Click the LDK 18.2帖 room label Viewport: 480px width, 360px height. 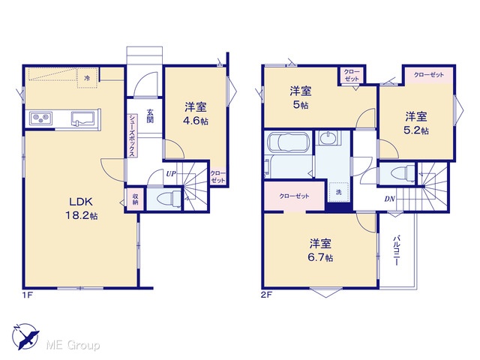(82, 208)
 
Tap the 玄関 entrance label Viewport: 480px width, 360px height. (150, 116)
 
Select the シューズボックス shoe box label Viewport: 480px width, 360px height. (132, 135)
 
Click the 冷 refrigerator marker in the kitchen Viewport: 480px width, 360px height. (87, 78)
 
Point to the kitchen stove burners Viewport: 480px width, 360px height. (41, 118)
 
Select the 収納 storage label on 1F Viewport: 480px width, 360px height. (135, 199)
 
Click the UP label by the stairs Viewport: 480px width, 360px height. (171, 174)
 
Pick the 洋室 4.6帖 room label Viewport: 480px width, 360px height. (196, 114)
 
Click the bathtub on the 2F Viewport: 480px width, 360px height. (288, 142)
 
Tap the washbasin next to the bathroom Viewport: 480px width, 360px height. (328, 138)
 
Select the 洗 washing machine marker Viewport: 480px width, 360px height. (338, 192)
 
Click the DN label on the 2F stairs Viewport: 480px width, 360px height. (390, 199)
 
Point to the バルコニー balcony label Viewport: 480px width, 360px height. (397, 250)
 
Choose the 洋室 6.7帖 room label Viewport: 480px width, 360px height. (320, 250)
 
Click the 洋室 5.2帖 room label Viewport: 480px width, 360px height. (416, 123)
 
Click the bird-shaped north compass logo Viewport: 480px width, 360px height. (26, 337)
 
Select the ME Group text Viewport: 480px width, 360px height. (73, 345)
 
